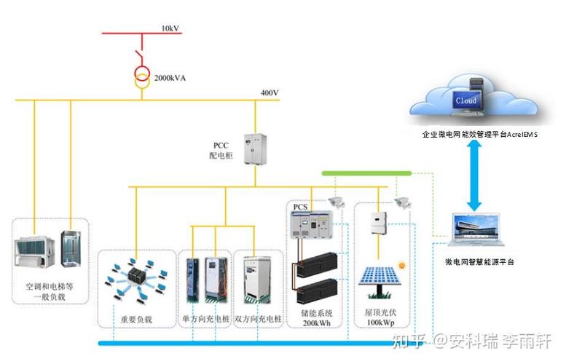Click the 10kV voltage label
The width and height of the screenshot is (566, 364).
click(170, 28)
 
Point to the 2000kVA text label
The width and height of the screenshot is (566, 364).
click(170, 76)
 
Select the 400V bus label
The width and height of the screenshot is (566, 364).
click(270, 93)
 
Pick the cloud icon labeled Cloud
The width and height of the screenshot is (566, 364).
click(471, 100)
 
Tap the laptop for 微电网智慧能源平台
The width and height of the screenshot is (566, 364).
click(478, 232)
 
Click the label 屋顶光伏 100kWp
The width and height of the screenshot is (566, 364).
click(379, 315)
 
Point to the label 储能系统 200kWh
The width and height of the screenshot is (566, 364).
click(314, 315)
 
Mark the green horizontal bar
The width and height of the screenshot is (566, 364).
click(367, 173)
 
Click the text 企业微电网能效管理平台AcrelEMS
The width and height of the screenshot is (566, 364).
click(480, 135)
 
